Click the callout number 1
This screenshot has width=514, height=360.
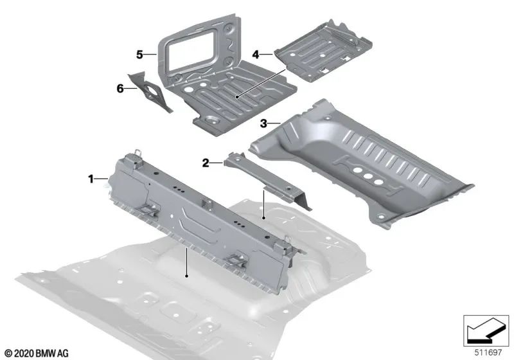coord(91,177)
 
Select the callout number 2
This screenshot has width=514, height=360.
coord(206,164)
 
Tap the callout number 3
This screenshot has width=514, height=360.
coord(263,122)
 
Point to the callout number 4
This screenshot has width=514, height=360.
coord(256,55)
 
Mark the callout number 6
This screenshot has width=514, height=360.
coord(120,89)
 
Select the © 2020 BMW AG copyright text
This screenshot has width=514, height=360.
coord(37,352)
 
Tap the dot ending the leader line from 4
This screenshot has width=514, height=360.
coord(237,97)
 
